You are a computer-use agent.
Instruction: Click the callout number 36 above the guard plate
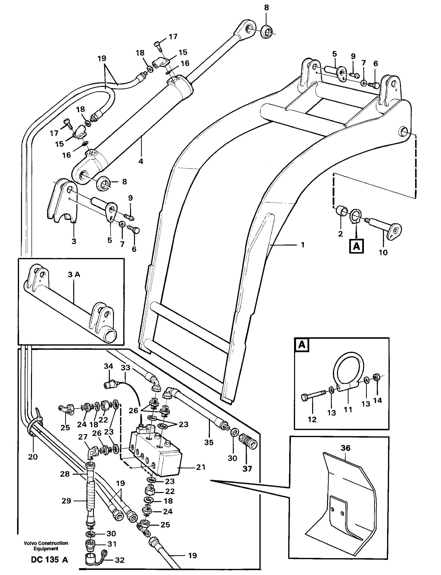pyautogui.click(x=345, y=448)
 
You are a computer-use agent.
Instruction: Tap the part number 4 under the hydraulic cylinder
pyautogui.click(x=141, y=161)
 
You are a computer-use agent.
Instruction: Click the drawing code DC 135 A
pyautogui.click(x=49, y=560)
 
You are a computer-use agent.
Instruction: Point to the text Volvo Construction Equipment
pyautogui.click(x=46, y=546)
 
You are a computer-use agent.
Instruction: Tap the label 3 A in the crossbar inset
pyautogui.click(x=74, y=275)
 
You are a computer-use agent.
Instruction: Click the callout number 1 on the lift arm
pyautogui.click(x=303, y=245)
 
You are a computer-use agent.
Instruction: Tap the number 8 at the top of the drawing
pyautogui.click(x=267, y=8)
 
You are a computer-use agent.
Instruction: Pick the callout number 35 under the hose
pyautogui.click(x=209, y=442)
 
